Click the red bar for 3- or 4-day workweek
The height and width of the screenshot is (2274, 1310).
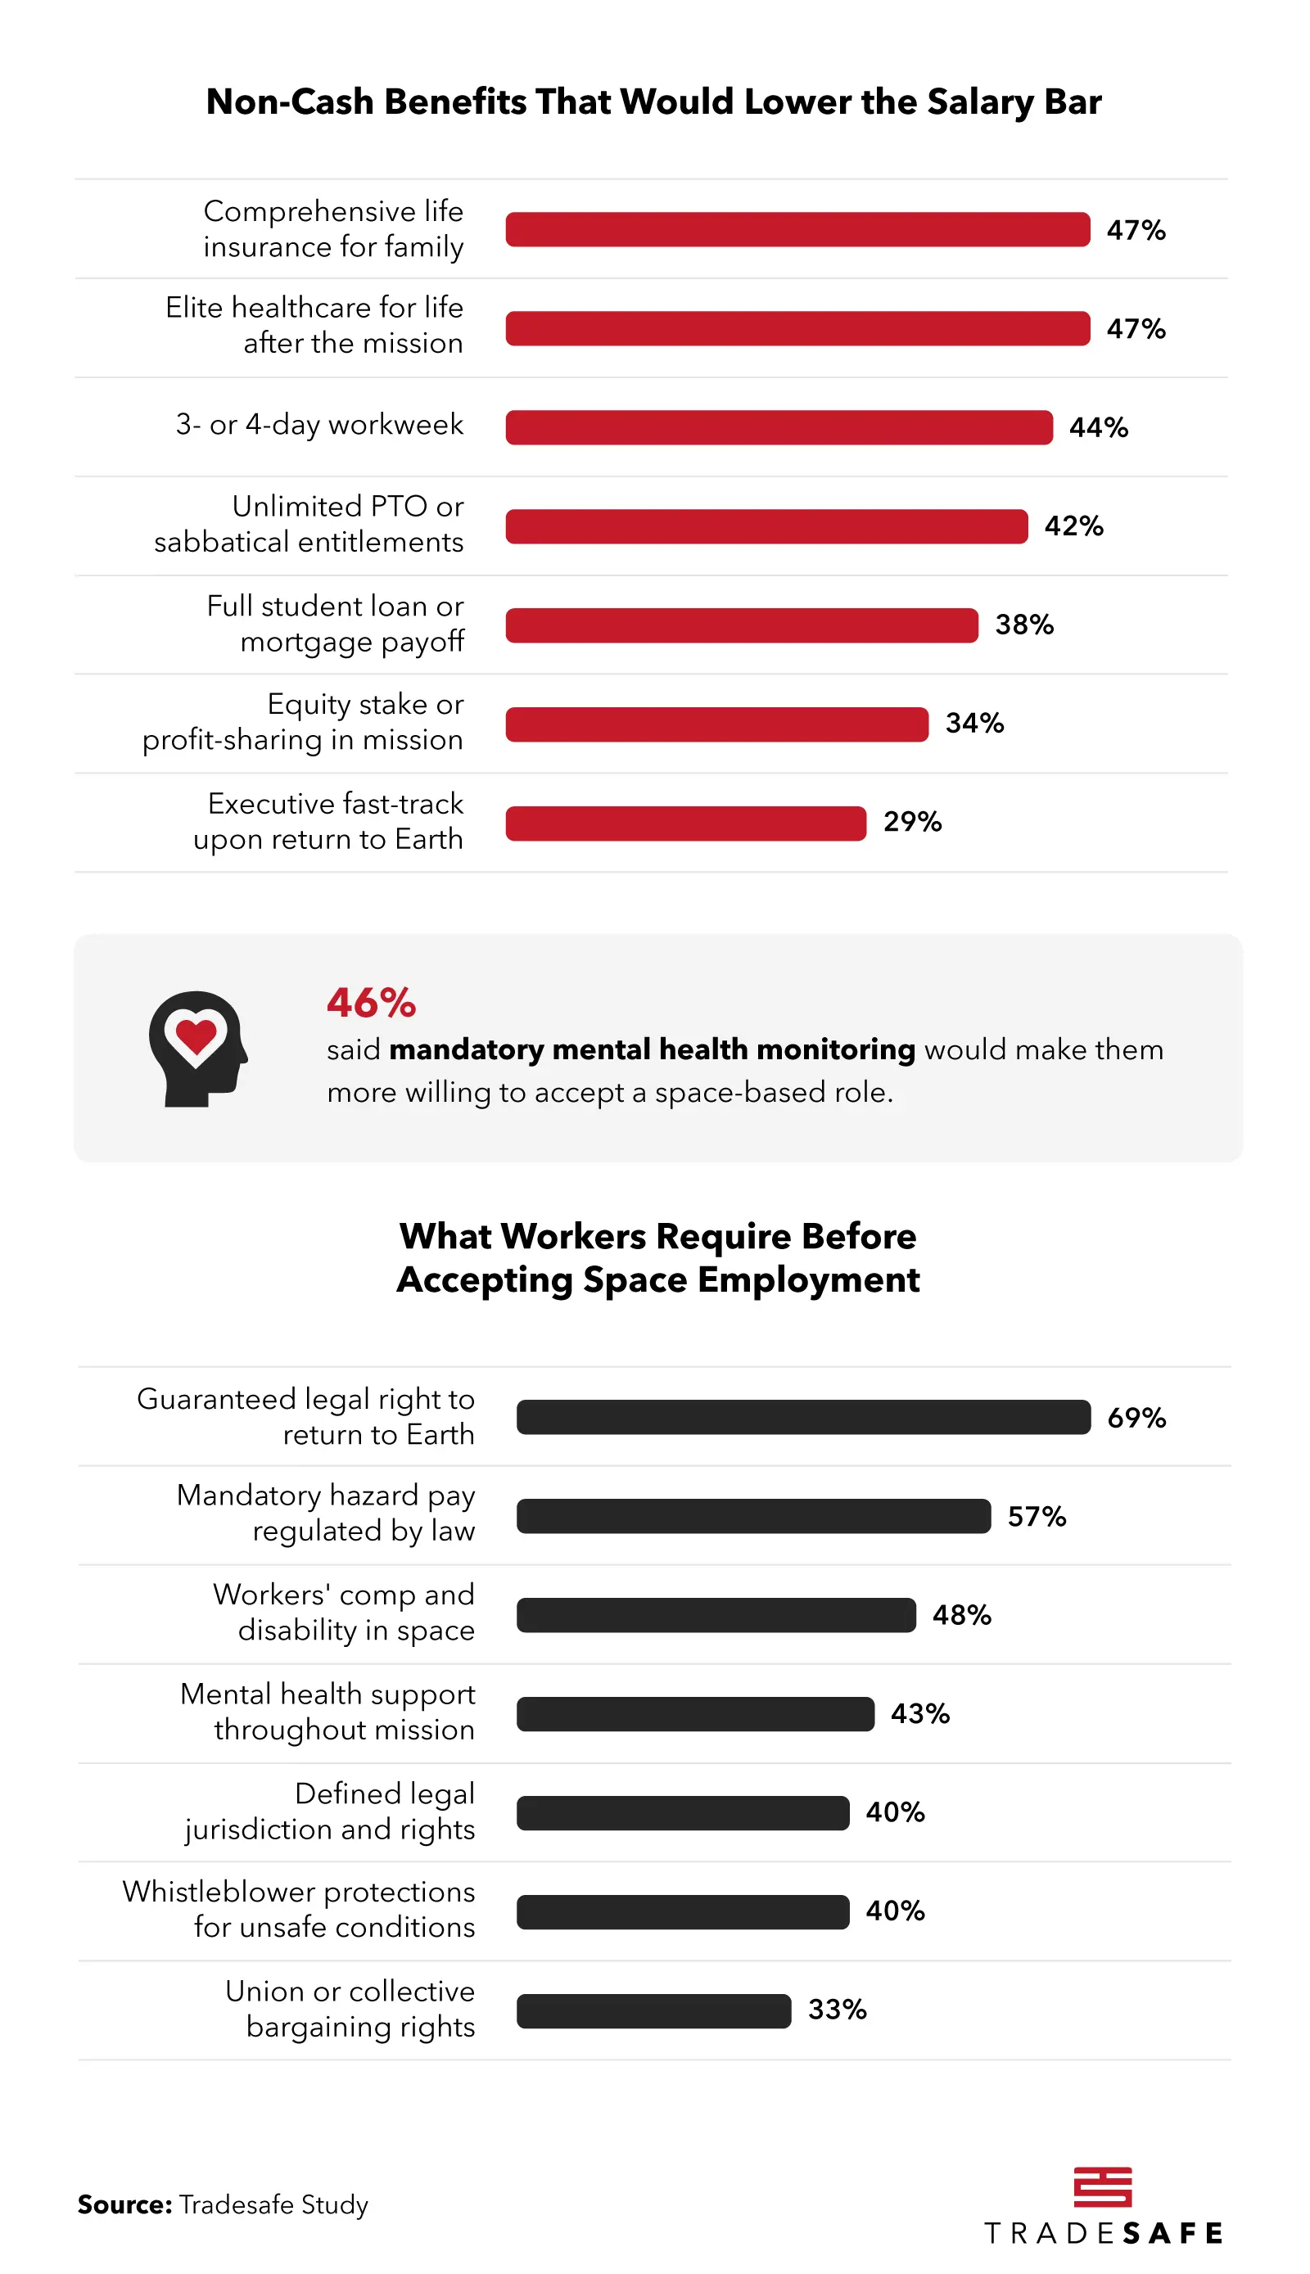click(x=779, y=427)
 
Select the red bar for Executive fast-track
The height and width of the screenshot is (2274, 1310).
click(x=685, y=823)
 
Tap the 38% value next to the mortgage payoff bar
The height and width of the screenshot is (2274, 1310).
click(x=1024, y=625)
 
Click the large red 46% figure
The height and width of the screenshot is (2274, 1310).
click(x=371, y=1003)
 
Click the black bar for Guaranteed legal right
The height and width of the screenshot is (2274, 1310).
click(x=802, y=1417)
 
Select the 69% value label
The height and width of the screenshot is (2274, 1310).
click(x=1136, y=1418)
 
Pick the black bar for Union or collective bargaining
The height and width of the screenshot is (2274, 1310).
click(x=653, y=2010)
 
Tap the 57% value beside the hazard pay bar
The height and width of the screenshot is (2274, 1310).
click(x=1037, y=1517)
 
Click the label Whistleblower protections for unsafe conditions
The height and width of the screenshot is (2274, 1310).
click(x=299, y=1909)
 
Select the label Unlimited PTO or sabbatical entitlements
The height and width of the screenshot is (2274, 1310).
click(x=309, y=525)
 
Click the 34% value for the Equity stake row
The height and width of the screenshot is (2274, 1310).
click(x=974, y=724)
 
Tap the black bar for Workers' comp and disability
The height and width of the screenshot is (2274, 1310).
click(x=716, y=1615)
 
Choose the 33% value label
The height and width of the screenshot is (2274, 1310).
click(x=837, y=2010)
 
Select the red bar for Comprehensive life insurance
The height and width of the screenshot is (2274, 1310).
click(x=797, y=229)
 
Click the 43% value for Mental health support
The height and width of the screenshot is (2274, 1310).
click(x=919, y=1713)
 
